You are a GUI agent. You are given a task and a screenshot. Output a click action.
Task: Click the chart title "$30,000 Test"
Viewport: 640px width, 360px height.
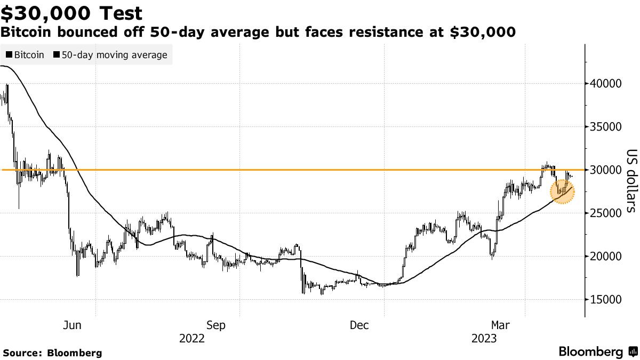tap(72, 13)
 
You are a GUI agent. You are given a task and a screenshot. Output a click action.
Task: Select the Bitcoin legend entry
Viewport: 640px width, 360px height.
tap(25, 55)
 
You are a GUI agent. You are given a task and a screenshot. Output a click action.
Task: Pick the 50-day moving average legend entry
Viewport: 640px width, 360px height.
tap(111, 55)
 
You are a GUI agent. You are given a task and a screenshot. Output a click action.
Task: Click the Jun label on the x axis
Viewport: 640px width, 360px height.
tap(72, 325)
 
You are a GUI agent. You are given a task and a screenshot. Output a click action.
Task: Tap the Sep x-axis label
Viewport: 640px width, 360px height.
tap(216, 325)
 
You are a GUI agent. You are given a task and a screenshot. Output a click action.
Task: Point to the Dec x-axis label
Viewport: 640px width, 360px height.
tap(360, 325)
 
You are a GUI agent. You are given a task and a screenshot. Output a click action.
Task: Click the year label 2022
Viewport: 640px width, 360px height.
tap(192, 339)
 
